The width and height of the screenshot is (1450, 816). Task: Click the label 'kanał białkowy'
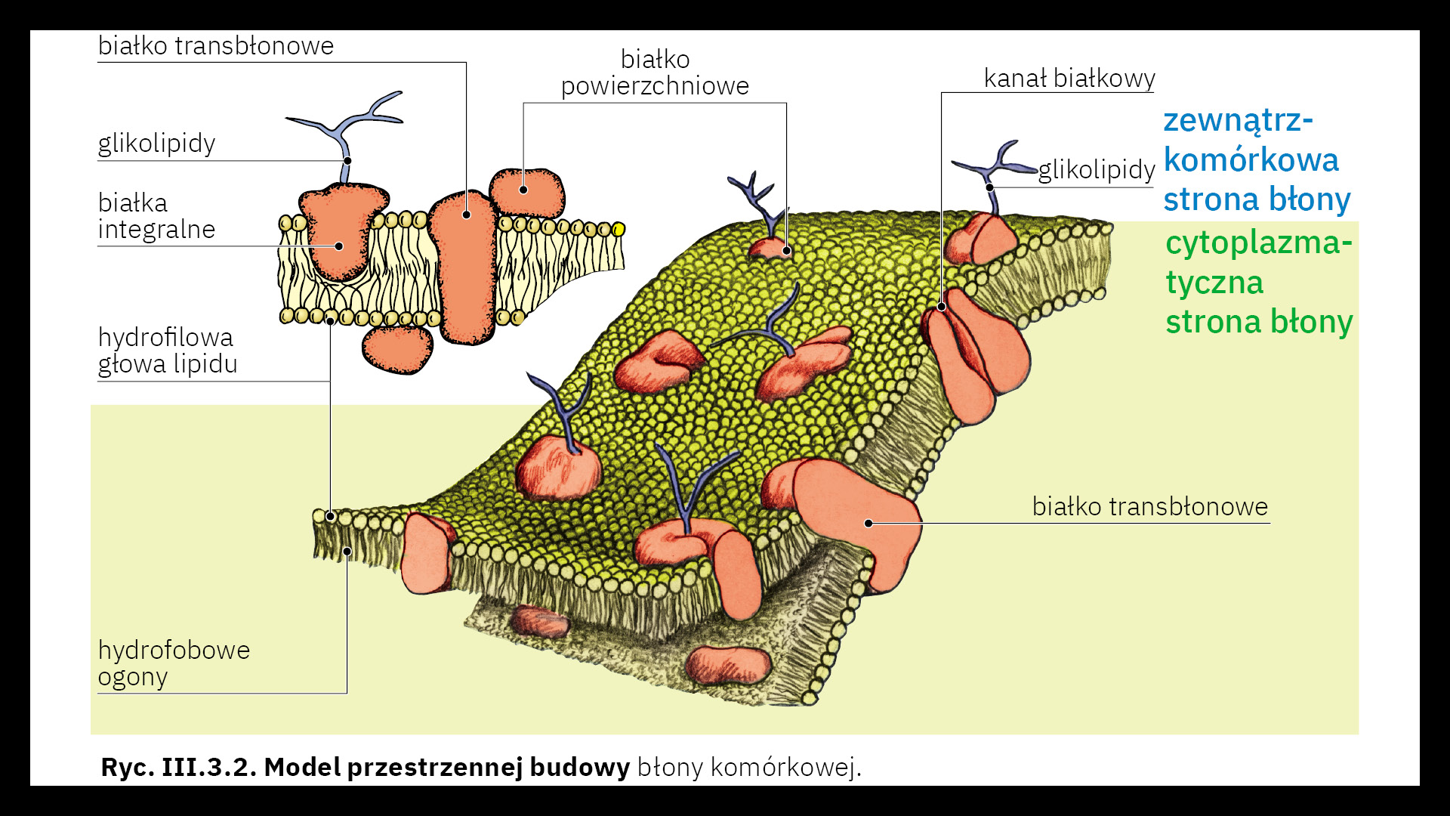1069,79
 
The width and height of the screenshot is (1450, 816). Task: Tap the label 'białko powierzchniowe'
655,73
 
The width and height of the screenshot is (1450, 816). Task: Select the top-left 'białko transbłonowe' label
216,46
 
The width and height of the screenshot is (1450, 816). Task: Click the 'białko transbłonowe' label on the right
1149,506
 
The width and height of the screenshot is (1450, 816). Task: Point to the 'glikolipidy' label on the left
156,143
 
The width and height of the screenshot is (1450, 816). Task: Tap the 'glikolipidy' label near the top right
1097,169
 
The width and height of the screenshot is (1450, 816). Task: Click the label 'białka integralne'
156,216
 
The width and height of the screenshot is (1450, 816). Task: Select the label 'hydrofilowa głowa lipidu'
167,351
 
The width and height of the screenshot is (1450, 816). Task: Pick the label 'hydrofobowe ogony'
174,663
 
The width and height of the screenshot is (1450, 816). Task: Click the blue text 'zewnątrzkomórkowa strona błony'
1256,160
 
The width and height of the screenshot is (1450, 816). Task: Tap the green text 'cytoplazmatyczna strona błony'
1258,283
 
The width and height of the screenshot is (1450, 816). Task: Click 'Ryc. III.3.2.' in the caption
179,768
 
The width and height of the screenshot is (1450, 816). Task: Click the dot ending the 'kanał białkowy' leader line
942,307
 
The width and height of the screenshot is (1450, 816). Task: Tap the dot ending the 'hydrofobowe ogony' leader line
347,552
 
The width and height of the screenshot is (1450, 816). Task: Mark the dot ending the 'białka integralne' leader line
339,246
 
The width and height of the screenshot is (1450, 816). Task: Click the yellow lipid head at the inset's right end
618,229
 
